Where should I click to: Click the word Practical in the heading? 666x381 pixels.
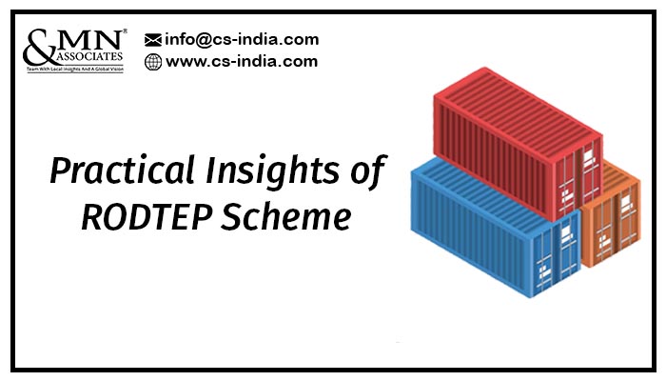pyautogui.click(x=123, y=170)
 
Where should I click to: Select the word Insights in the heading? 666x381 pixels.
pyautogui.click(x=272, y=171)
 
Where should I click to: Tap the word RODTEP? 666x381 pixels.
pyautogui.click(x=147, y=217)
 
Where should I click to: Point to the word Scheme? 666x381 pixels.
pyautogui.click(x=286, y=217)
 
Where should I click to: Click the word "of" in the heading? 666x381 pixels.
pyautogui.click(x=368, y=170)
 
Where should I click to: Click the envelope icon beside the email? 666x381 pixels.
pyautogui.click(x=153, y=40)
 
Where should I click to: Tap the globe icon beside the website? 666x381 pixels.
pyautogui.click(x=153, y=62)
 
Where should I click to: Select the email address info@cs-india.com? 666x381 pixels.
pyautogui.click(x=242, y=40)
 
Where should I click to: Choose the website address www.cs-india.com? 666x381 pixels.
pyautogui.click(x=242, y=61)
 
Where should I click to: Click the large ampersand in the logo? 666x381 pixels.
pyautogui.click(x=39, y=47)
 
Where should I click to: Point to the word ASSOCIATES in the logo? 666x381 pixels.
pyautogui.click(x=89, y=56)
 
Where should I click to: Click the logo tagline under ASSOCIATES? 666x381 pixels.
pyautogui.click(x=75, y=69)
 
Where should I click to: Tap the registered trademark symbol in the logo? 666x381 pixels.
pyautogui.click(x=125, y=31)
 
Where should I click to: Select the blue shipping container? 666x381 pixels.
pyautogui.click(x=496, y=226)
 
